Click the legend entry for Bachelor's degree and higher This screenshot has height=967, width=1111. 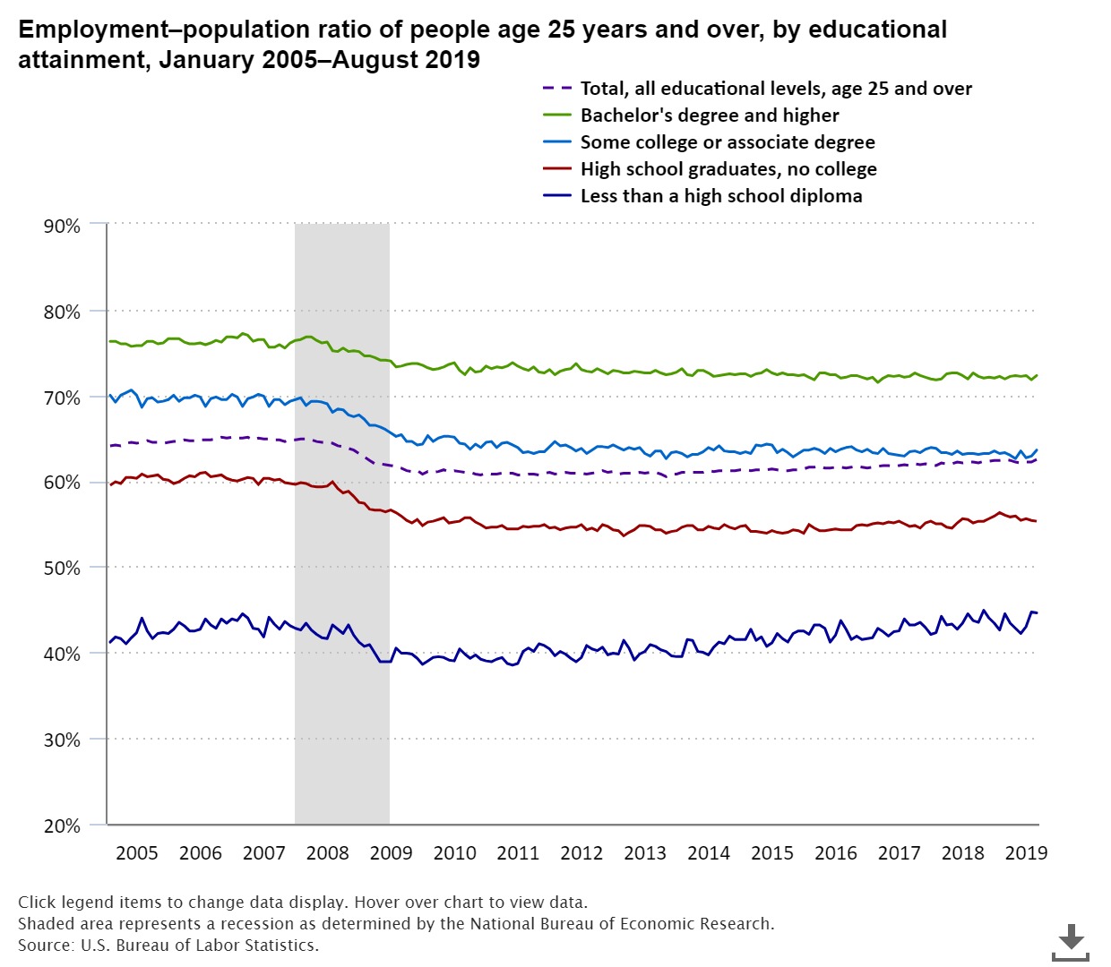pyautogui.click(x=709, y=116)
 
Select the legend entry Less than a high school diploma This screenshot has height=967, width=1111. pyautogui.click(x=720, y=196)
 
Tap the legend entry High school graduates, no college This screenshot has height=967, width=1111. pyautogui.click(x=728, y=169)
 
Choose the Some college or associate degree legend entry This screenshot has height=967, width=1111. pyautogui.click(x=727, y=142)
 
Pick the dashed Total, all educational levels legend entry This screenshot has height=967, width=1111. pyautogui.click(x=775, y=89)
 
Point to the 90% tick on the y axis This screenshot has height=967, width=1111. pyautogui.click(x=62, y=227)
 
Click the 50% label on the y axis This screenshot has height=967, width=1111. pyautogui.click(x=62, y=569)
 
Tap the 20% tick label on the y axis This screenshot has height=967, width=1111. pyautogui.click(x=62, y=826)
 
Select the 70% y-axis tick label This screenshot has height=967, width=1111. pyautogui.click(x=62, y=398)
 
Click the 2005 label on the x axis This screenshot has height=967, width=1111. pyautogui.click(x=137, y=852)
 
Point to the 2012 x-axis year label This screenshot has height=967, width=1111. pyautogui.click(x=581, y=852)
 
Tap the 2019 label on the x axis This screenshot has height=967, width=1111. pyautogui.click(x=1026, y=852)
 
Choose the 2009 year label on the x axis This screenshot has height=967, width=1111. pyautogui.click(x=391, y=852)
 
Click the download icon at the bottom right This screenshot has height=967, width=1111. pyautogui.click(x=1071, y=943)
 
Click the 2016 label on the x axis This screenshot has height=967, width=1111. pyautogui.click(x=835, y=852)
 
